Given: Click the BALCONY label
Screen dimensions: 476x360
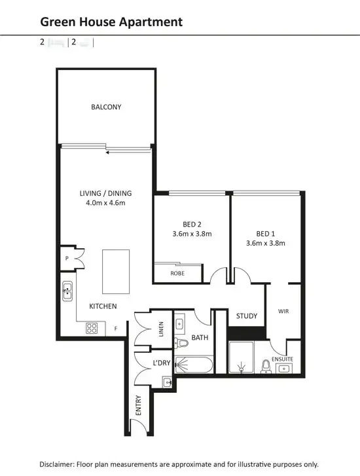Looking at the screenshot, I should pos(106,107).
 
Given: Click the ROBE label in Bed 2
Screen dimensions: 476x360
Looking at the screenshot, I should pos(177,272).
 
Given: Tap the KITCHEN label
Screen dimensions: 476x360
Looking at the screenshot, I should pos(103,306).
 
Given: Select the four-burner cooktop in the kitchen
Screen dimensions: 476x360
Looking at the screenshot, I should pos(92,328).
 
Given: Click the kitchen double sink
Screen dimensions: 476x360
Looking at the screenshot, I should pos(67,290).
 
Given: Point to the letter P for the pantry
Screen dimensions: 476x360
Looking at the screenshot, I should pos(67,259).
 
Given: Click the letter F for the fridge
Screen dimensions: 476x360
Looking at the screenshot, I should pos(117,329).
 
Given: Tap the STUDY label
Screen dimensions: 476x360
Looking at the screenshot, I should pos(247,316).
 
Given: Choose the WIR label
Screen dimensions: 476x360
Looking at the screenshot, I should pos(284,312).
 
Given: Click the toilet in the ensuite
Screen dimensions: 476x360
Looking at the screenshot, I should pos(266,365).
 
